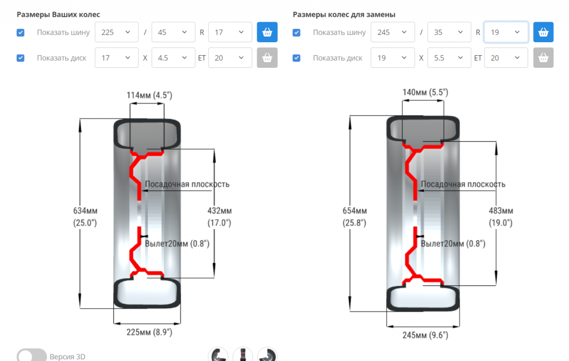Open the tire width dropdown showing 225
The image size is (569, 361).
click(117, 32)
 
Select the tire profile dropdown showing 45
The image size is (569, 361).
click(173, 32)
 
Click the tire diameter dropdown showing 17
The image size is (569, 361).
click(230, 32)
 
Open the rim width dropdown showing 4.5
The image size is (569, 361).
click(173, 58)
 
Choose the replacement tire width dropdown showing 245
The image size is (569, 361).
click(393, 32)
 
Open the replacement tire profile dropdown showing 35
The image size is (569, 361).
click(449, 32)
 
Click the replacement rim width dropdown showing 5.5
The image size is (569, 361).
click(449, 58)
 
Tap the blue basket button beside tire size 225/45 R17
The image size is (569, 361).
click(267, 32)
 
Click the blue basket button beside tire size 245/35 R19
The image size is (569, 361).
click(543, 32)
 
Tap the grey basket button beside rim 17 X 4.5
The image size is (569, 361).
click(267, 58)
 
